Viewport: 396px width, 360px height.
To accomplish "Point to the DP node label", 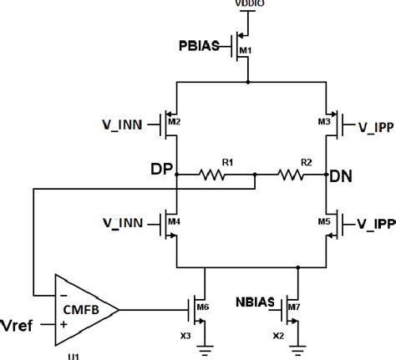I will (x=162, y=170).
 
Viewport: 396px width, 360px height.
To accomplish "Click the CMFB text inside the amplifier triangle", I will (x=81, y=309).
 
